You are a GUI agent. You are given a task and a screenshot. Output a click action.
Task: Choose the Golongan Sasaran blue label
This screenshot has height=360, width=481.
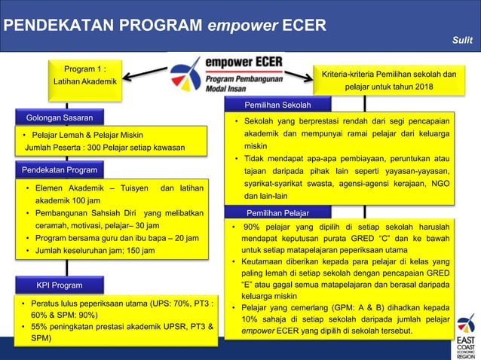coord(60,118)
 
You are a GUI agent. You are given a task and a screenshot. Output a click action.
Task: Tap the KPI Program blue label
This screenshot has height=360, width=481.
coord(60,285)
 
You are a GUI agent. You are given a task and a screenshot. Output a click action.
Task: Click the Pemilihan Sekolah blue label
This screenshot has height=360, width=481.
coord(277,105)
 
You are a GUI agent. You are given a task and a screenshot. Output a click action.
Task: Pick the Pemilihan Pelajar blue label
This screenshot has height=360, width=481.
coord(275,212)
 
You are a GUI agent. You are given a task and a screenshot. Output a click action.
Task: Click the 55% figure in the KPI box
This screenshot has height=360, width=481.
coord(41,327)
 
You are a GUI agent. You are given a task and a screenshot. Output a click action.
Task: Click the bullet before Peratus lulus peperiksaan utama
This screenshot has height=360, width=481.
coord(24,304)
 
